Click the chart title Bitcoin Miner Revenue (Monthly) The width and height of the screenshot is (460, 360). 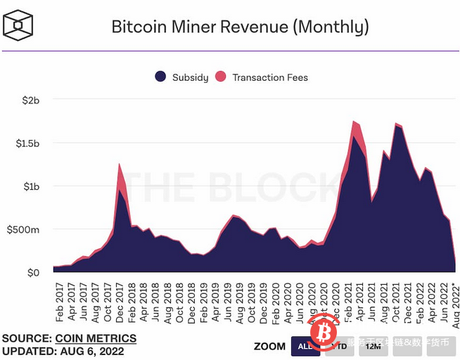pos(240,27)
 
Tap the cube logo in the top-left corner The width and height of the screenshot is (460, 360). pos(18,27)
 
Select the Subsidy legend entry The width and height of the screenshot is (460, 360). pos(181,77)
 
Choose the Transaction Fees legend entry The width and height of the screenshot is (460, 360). pos(262,77)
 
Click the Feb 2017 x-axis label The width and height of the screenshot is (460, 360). pos(58,301)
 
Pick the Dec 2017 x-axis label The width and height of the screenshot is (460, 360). pos(120,301)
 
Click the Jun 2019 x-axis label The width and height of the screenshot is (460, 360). pos(228,301)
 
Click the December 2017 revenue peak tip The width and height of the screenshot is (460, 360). pos(120,164)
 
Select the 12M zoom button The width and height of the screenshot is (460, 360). pos(373,346)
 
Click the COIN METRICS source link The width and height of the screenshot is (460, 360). pos(96,339)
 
